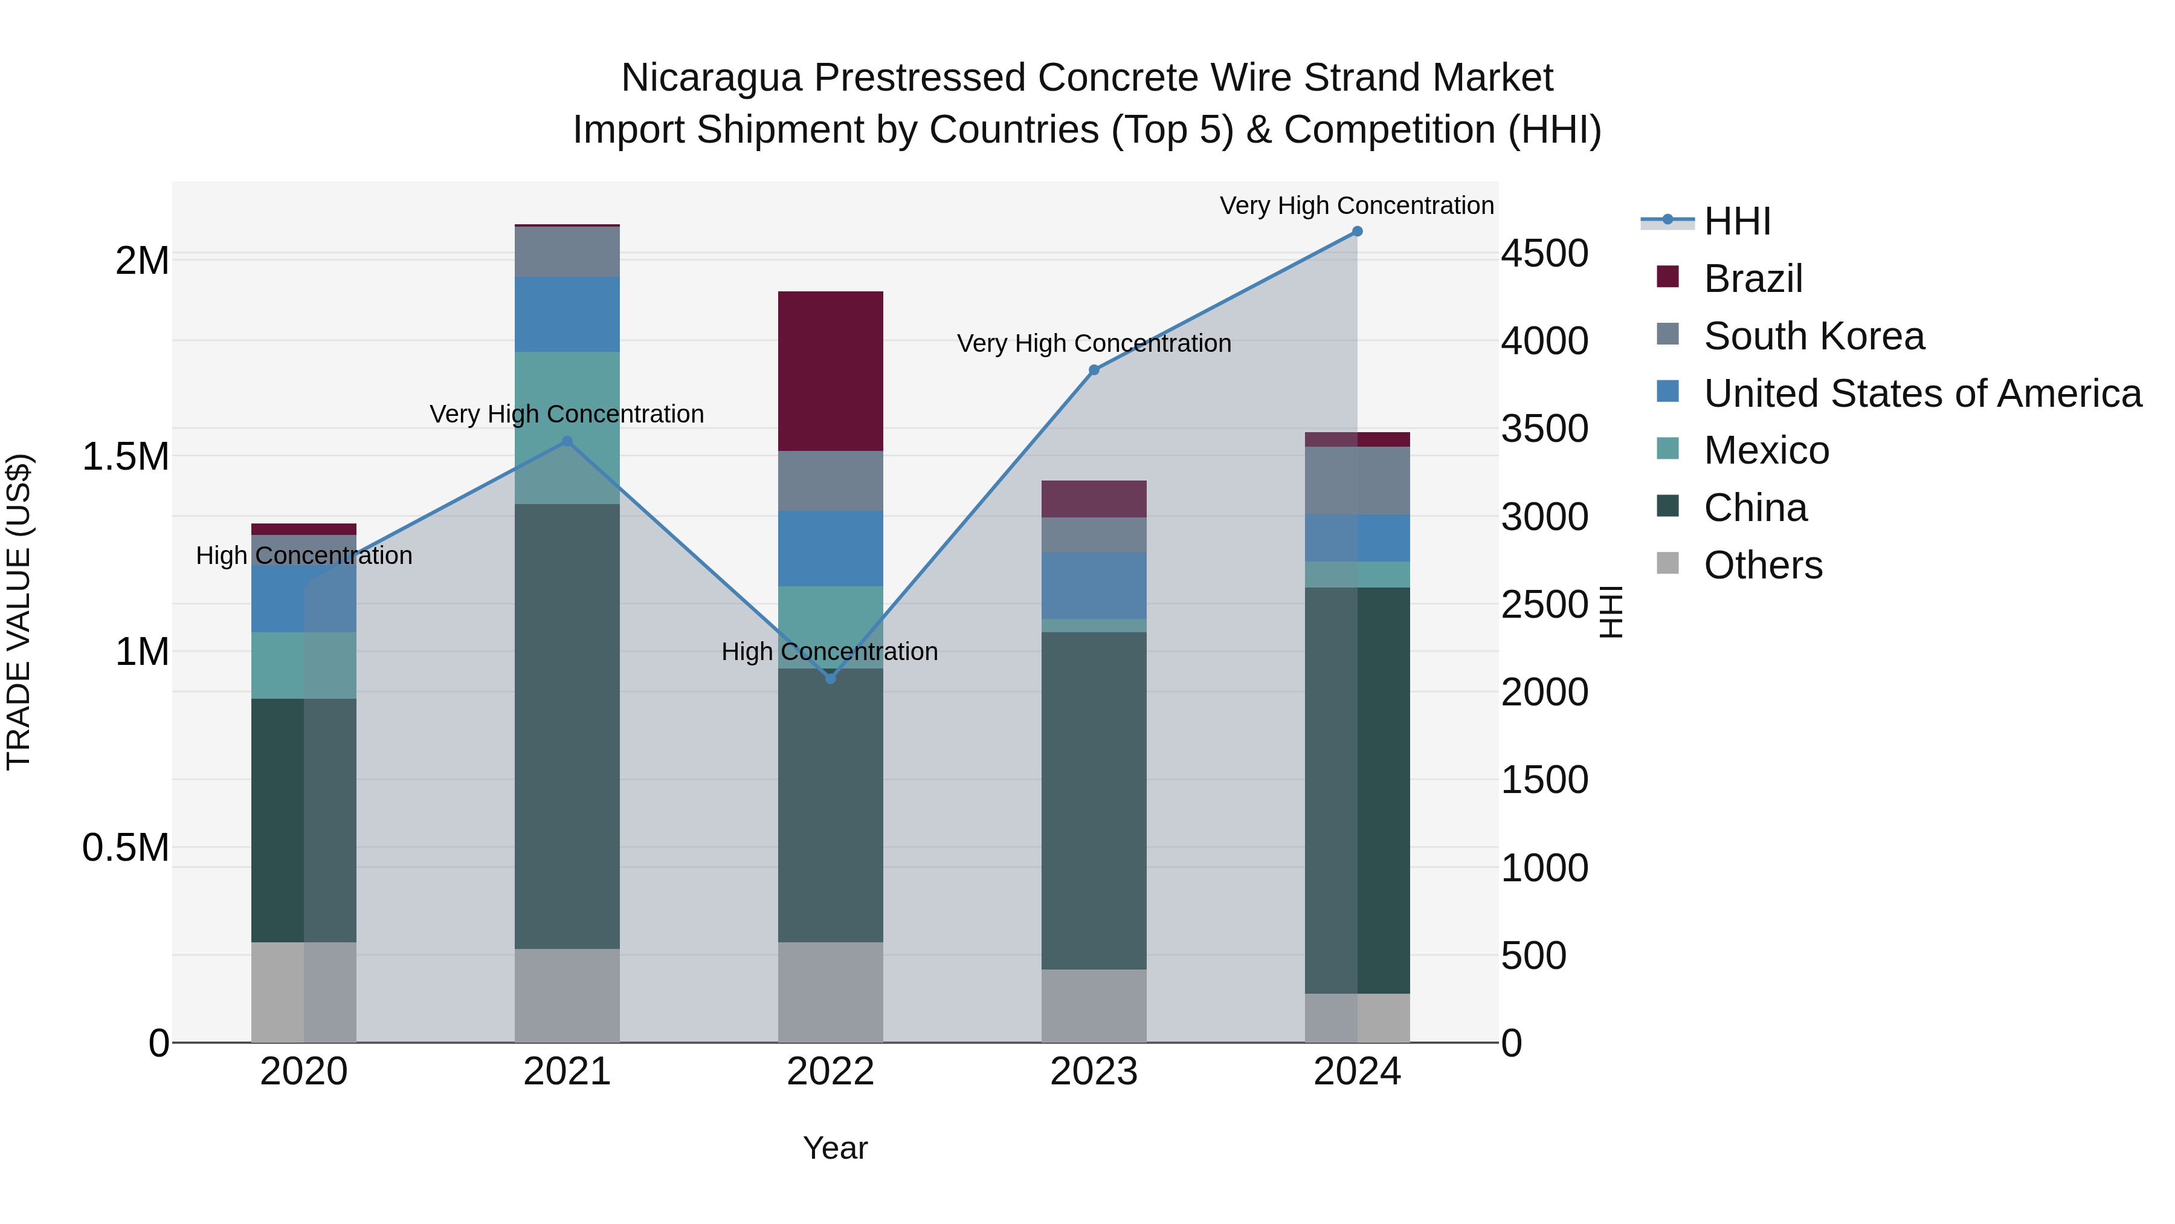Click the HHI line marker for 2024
pos(1357,232)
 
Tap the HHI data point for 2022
pos(830,678)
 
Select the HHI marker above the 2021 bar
pos(567,441)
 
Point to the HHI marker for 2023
pos(1094,370)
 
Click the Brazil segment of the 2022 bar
pos(830,371)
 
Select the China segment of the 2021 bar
pos(567,727)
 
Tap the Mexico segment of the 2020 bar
pos(304,665)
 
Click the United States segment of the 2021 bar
pos(567,314)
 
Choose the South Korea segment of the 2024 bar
pos(1357,481)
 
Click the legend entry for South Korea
pos(1814,336)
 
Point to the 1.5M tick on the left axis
pos(125,457)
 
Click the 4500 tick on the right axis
pos(1544,253)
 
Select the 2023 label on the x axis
pos(1094,1072)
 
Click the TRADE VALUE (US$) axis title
pos(19,612)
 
